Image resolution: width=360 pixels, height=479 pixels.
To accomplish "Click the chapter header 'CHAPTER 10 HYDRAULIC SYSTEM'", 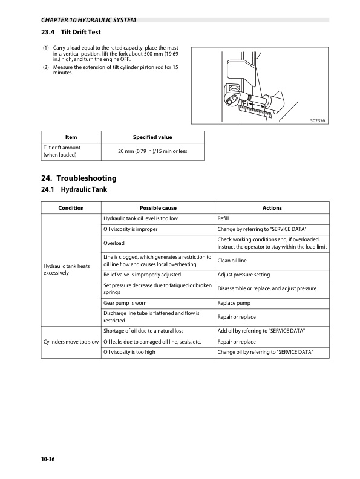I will pyautogui.click(x=83, y=21).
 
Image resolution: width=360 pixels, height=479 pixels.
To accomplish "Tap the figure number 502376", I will pyautogui.click(x=318, y=120).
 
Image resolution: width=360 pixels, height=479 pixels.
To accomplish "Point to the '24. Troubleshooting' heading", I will pyautogui.click(x=77, y=178).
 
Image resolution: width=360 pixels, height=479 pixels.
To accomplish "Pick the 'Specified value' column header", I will pyautogui.click(x=152, y=137).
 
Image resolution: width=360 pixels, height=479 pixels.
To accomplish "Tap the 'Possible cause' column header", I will pyautogui.click(x=158, y=208).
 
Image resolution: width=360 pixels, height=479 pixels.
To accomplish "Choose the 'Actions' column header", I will pyautogui.click(x=272, y=208).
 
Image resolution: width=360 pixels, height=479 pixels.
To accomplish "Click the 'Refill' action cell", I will pyautogui.click(x=223, y=218).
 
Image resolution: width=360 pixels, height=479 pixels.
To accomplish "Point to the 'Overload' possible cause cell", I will pyautogui.click(x=114, y=243).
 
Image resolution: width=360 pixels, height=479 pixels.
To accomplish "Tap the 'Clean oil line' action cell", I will pyautogui.click(x=231, y=261).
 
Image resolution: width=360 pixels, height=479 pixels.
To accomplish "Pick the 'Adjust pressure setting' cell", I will pyautogui.click(x=244, y=275).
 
